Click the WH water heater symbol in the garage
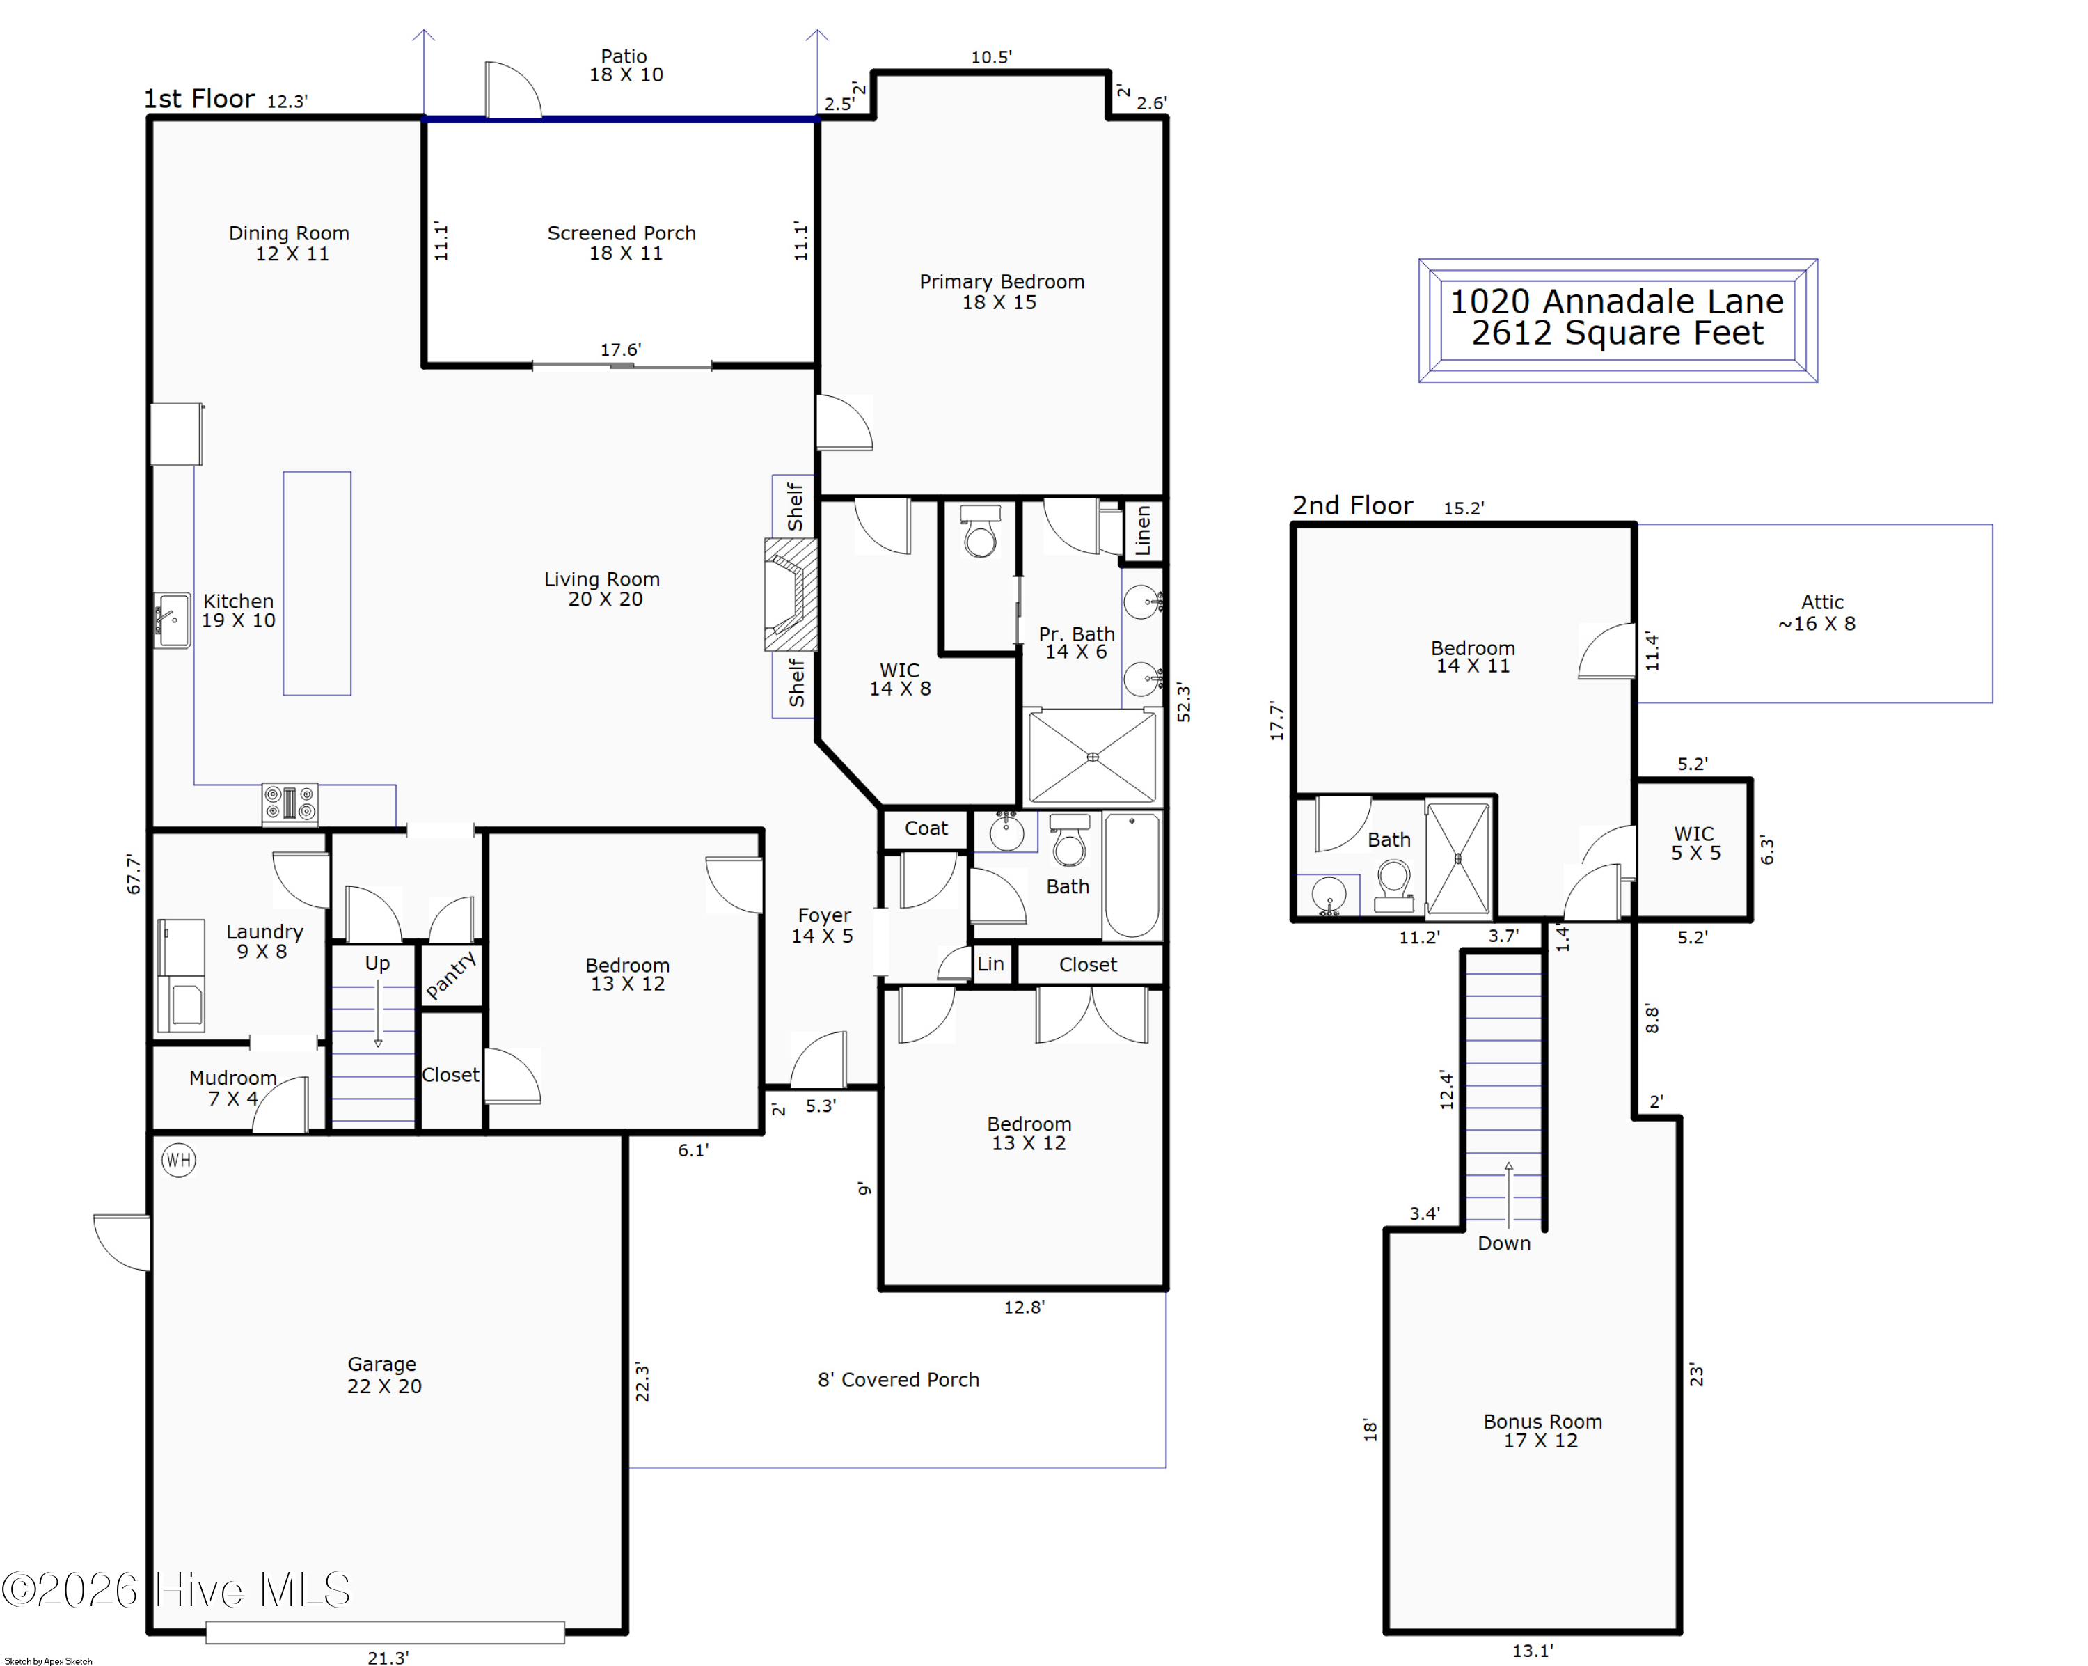(x=179, y=1159)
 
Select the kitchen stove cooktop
(x=290, y=804)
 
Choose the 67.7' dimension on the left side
(x=134, y=874)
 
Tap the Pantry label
(x=450, y=975)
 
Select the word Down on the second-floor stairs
(x=1503, y=1243)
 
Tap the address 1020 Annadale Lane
(x=1616, y=301)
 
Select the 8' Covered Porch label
(x=898, y=1379)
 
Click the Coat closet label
(x=926, y=828)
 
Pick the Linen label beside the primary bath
(x=1143, y=530)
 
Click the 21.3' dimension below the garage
(x=388, y=1657)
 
